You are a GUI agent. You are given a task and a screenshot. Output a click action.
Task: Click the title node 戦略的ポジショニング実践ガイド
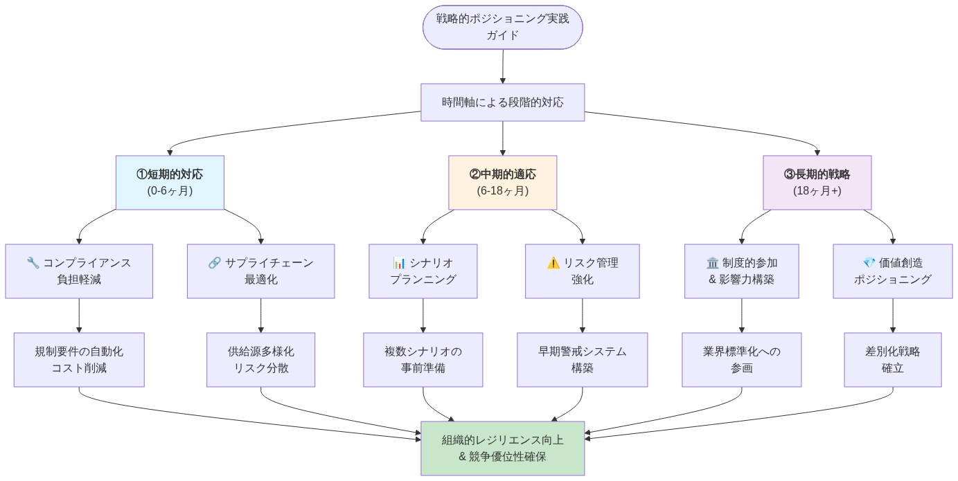[502, 27]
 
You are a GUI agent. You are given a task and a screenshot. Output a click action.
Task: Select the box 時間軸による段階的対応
[502, 102]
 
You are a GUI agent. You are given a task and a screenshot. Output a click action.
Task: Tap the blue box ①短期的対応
[170, 182]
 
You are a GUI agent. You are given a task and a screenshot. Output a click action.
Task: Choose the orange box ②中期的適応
[502, 182]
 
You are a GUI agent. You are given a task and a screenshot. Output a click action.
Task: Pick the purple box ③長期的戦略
[817, 182]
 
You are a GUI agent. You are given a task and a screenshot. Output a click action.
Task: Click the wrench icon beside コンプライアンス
[33, 263]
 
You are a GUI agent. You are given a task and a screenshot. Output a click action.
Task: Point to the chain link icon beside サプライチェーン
[214, 263]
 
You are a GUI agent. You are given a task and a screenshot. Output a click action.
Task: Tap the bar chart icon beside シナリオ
[399, 263]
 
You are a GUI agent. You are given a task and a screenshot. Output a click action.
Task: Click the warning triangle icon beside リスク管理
[553, 263]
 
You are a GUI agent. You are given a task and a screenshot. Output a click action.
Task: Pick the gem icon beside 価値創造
[869, 263]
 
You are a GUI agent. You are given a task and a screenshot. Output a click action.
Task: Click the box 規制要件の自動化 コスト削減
[79, 360]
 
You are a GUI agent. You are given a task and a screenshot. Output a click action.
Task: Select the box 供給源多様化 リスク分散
[260, 360]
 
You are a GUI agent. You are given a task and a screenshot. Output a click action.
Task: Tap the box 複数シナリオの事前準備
[423, 360]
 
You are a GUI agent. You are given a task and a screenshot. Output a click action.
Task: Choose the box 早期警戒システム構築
[582, 360]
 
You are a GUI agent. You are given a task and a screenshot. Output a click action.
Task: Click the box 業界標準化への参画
[741, 360]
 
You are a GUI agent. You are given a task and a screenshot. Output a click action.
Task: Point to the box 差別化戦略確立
[892, 360]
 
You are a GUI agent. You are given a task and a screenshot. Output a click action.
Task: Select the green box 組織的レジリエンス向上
[502, 448]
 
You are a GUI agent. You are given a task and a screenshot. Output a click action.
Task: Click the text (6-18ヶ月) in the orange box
[502, 191]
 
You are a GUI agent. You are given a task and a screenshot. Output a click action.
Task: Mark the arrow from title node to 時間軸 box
[502, 66]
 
